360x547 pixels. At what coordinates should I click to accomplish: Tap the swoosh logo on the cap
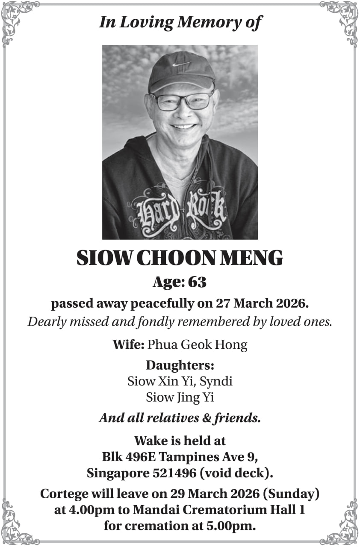point(181,65)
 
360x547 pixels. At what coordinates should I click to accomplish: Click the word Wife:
point(128,344)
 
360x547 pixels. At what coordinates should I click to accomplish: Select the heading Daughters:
point(180,365)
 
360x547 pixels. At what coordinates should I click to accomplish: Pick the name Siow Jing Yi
point(180,397)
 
